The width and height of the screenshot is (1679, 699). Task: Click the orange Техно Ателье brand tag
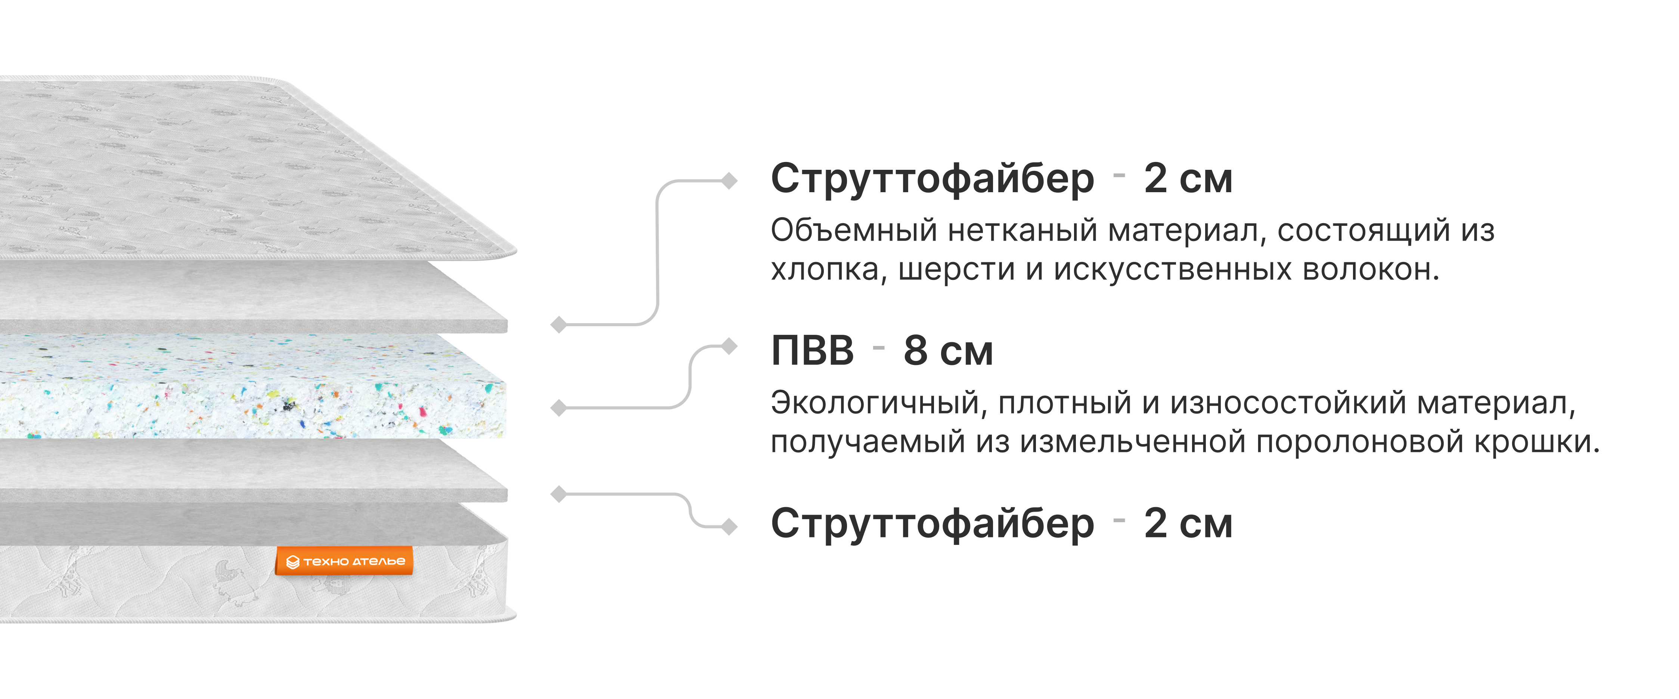click(344, 561)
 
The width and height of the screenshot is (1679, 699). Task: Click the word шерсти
click(956, 270)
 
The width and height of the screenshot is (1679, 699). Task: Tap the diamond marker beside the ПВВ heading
click(729, 347)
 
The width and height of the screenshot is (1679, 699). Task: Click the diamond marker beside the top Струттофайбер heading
click(729, 181)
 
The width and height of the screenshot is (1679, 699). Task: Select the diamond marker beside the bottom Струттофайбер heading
click(729, 526)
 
